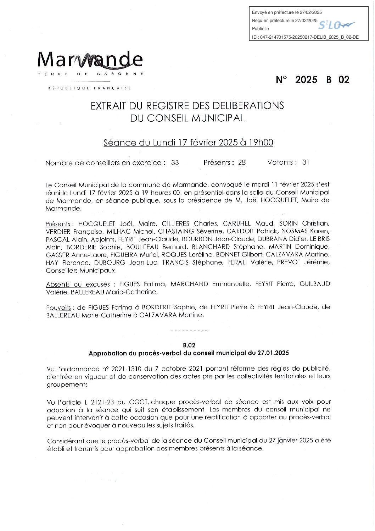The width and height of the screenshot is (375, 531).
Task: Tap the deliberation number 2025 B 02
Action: coord(312,79)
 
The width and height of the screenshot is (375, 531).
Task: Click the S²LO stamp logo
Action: coord(335,24)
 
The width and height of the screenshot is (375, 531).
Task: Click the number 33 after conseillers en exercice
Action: coord(175,163)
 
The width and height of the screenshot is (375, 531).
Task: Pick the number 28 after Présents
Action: coord(242,163)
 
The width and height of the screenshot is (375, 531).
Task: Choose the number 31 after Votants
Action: coord(306,162)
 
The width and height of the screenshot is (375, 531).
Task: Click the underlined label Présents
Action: coord(58,224)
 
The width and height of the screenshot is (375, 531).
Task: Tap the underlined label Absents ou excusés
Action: coord(78,284)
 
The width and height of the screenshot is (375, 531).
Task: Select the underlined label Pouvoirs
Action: coord(58,308)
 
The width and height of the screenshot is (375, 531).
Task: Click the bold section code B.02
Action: coord(189,345)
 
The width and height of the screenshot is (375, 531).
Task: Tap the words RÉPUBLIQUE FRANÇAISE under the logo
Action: coord(90,88)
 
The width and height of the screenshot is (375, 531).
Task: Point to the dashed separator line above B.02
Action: coord(189,331)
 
